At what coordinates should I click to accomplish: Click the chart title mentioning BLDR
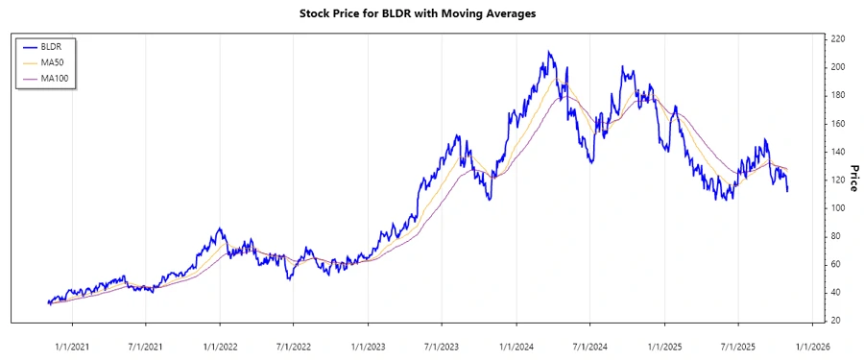tap(431, 13)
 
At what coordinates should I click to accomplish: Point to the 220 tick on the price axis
tap(838, 38)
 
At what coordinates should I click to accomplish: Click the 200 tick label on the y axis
tap(838, 66)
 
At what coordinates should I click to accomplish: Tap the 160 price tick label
tap(838, 123)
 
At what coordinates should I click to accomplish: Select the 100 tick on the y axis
tap(838, 207)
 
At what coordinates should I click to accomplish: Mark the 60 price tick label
tap(838, 264)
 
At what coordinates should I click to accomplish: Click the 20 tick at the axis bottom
tap(838, 321)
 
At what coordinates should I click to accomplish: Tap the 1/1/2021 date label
tap(72, 345)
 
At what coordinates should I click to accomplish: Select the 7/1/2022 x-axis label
tap(294, 345)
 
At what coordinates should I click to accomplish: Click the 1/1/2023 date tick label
tap(369, 345)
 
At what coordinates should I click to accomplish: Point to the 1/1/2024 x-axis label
tap(516, 345)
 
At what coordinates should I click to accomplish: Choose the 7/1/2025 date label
tap(738, 345)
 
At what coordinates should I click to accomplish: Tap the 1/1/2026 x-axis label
tap(812, 345)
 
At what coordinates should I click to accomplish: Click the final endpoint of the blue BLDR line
tap(788, 191)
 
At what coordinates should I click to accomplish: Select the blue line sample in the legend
tap(29, 45)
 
